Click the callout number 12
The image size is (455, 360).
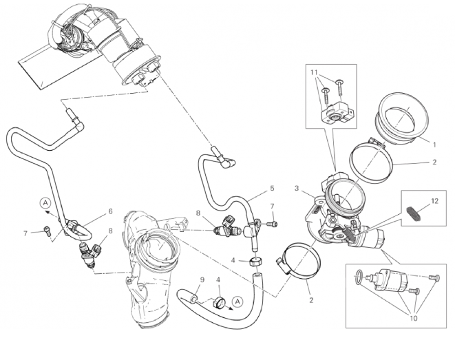434,200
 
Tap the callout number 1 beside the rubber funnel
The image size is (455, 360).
434,145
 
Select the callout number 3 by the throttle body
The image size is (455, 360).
297,188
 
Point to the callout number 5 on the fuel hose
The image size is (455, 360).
272,188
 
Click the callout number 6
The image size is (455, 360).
110,211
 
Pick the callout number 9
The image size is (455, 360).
202,279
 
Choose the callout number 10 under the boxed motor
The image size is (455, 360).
414,318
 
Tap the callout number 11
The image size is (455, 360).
315,72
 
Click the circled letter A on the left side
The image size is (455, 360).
45,203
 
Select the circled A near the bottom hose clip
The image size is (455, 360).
237,301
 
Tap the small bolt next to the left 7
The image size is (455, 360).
46,229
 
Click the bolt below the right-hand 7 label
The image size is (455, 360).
273,224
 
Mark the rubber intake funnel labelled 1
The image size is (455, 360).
401,118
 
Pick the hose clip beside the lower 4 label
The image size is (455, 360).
219,303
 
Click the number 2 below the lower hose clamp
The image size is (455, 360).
311,300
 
